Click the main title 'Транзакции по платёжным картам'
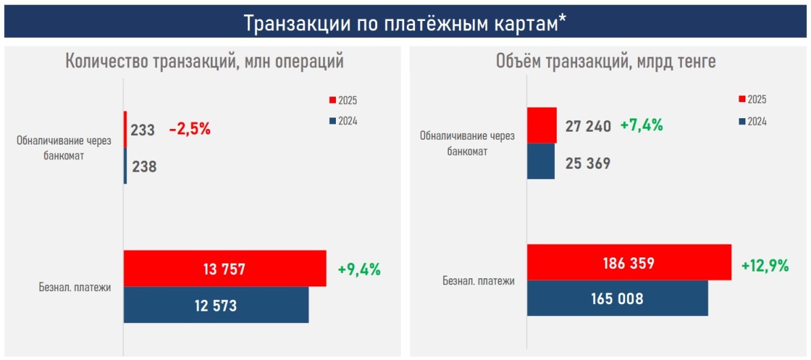(405, 22)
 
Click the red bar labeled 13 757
(224, 269)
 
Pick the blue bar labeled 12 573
(216, 305)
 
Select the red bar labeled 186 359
(629, 262)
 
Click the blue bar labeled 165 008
(617, 298)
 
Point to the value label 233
(143, 130)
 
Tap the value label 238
(144, 166)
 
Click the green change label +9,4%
(359, 269)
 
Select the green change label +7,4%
(641, 126)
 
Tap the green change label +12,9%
(765, 266)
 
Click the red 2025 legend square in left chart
(332, 101)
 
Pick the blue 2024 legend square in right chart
(742, 122)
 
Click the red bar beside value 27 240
(541, 125)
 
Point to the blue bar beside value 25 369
(541, 161)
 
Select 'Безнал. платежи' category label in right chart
(478, 280)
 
